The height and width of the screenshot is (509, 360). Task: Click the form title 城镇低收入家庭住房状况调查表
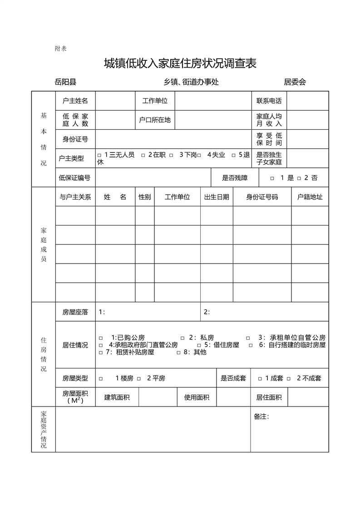pos(180,64)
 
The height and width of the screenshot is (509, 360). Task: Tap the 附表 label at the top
pos(60,49)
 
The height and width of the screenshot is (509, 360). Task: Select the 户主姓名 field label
pos(75,101)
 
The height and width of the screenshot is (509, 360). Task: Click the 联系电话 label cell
pos(269,101)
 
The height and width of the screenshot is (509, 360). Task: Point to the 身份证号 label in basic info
pos(75,139)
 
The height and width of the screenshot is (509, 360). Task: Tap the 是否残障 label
pos(235,178)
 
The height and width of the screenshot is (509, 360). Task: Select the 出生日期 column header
pos(217,197)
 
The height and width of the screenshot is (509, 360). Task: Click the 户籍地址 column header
pos(310,197)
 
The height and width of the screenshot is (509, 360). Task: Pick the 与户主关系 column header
pos(75,197)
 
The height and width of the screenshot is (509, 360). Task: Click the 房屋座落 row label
pos(75,312)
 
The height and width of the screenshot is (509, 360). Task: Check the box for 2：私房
pos(182,338)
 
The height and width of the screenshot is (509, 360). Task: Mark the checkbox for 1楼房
pos(101,378)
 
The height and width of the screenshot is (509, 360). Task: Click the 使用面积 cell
pos(197,397)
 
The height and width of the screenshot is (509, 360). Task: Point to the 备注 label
pos(261,416)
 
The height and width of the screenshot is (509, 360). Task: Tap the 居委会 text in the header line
pos(295,82)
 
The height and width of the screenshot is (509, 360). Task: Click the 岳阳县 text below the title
pos(65,82)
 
